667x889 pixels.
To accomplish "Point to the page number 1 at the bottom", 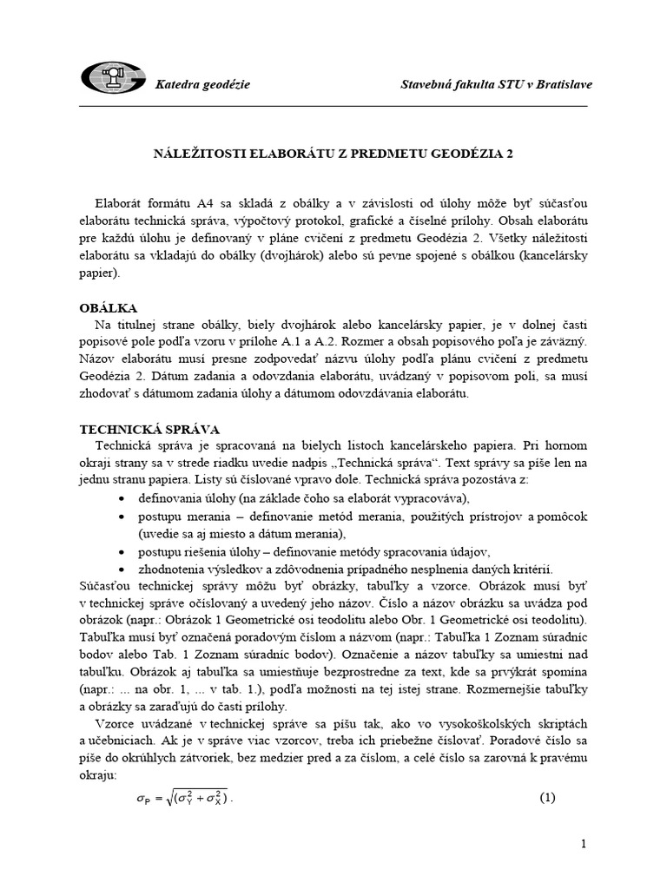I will [x=584, y=844].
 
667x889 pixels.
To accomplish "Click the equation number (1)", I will [x=547, y=798].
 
